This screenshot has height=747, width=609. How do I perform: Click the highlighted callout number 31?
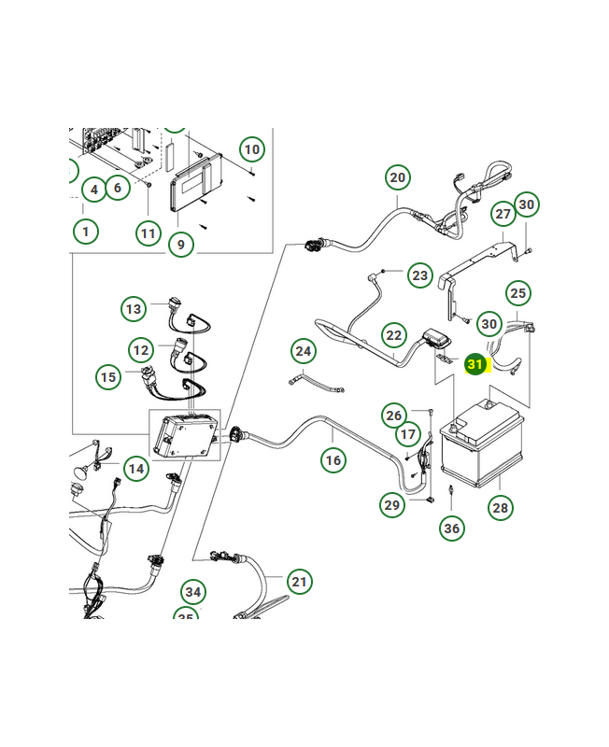pos(476,364)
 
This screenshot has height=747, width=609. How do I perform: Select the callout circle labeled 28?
pos(501,508)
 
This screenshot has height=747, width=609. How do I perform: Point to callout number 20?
pos(398,177)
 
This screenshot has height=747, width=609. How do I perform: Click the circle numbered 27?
pos(503,214)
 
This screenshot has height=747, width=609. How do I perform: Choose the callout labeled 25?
pos(517,293)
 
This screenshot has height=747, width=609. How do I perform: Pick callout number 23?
pos(420,275)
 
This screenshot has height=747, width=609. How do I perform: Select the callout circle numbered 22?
pos(394,335)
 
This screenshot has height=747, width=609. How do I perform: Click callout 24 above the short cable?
pos(303,351)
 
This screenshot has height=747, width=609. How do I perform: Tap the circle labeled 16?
pos(333,459)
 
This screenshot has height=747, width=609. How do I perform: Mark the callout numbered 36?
pos(452,529)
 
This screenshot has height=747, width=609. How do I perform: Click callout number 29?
pos(392,505)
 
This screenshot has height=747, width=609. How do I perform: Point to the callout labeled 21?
pos(298,582)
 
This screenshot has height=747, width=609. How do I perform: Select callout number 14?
pos(137,468)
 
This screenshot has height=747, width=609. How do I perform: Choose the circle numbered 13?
pos(134,308)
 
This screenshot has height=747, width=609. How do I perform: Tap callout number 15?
pos(109,377)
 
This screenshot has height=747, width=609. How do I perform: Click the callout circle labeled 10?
pos(251,148)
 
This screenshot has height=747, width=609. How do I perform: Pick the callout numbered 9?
pos(181,246)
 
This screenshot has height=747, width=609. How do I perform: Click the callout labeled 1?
pos(85,231)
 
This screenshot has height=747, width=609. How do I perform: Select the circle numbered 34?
pos(193,592)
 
